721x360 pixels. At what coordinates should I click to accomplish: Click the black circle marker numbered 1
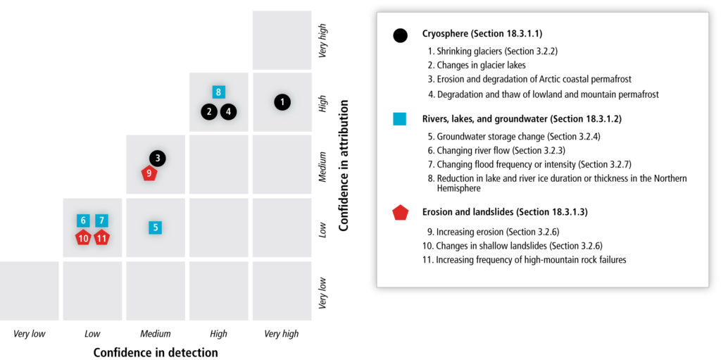tap(283, 102)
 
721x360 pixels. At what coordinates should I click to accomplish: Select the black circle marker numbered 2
tap(209, 111)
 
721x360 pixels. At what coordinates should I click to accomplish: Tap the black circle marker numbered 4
tap(229, 111)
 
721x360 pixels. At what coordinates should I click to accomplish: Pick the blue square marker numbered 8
tap(219, 92)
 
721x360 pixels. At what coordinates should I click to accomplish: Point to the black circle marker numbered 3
tap(158, 159)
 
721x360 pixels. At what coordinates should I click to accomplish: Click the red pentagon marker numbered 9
tap(149, 173)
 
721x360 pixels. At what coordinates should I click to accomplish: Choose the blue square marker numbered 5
tap(156, 227)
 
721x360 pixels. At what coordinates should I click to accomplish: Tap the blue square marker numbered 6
tap(83, 221)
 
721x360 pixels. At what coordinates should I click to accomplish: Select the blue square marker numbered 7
tap(101, 221)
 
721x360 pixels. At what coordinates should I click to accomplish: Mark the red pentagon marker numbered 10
tap(83, 238)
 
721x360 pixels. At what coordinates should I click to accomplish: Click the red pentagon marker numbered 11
tap(102, 238)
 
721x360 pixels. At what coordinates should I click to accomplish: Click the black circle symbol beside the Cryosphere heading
tap(400, 35)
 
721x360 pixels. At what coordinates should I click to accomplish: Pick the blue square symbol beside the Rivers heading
tap(400, 120)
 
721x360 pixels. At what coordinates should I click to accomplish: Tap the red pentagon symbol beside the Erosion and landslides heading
tap(400, 213)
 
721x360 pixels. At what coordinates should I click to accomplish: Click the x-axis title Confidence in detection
tap(156, 353)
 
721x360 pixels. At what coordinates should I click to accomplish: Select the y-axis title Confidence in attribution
tap(343, 164)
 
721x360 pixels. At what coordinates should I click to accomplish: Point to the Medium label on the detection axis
tap(156, 334)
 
